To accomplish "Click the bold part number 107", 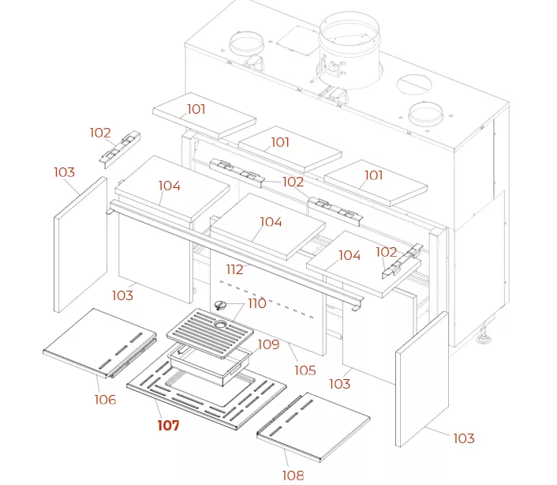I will coord(168,426).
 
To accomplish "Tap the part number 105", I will coord(305,370).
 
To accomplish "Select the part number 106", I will coord(105,400).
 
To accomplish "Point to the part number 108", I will coord(293,475).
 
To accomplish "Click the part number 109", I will coord(268,344).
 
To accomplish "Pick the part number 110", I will coord(257,303).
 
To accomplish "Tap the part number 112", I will coord(234,270).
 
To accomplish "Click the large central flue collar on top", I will coord(349,36).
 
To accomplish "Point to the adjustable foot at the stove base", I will coord(484,340).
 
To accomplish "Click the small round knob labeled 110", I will coord(222,305).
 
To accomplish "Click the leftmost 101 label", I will coord(196,109).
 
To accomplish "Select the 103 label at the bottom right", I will coord(464,438).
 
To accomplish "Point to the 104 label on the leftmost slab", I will coord(169,186).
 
